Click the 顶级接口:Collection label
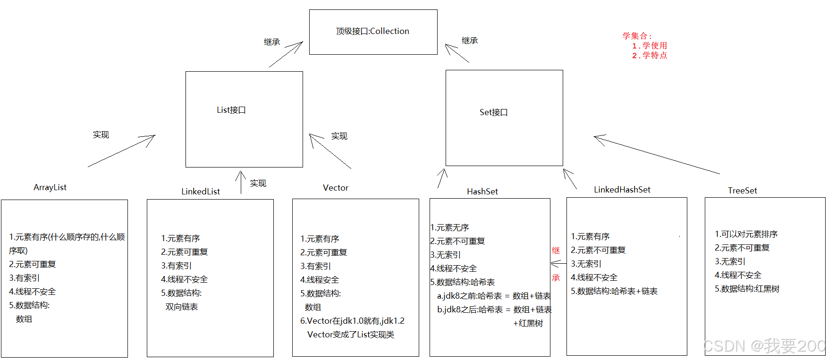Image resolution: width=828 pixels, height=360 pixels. point(372,31)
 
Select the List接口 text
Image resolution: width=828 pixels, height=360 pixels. point(231,110)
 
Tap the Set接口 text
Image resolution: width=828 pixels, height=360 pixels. point(493,112)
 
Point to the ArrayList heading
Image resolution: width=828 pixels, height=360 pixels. point(50,187)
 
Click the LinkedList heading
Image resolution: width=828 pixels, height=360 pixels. point(201,191)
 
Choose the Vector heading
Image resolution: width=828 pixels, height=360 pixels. point(336,188)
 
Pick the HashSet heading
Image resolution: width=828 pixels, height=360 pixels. point(482,191)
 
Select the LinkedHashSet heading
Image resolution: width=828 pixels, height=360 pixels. point(622,190)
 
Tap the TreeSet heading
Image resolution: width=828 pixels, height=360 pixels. point(742,191)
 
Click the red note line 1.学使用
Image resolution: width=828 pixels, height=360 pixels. point(650,46)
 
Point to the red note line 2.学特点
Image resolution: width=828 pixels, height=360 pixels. point(650,55)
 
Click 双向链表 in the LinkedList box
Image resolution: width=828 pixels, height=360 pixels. point(182,307)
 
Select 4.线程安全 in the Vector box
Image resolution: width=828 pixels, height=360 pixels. point(320,280)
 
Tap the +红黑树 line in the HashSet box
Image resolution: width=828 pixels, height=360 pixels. point(528,323)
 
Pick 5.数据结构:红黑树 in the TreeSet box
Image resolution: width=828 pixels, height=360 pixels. point(747,289)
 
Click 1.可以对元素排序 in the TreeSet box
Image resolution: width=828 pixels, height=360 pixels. point(746,234)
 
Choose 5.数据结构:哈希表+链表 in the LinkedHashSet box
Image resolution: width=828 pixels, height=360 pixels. point(614,291)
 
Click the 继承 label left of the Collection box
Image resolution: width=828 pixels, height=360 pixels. point(272,42)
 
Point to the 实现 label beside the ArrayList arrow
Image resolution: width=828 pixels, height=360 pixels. point(101,135)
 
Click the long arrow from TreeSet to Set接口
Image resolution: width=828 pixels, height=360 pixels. point(656,155)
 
